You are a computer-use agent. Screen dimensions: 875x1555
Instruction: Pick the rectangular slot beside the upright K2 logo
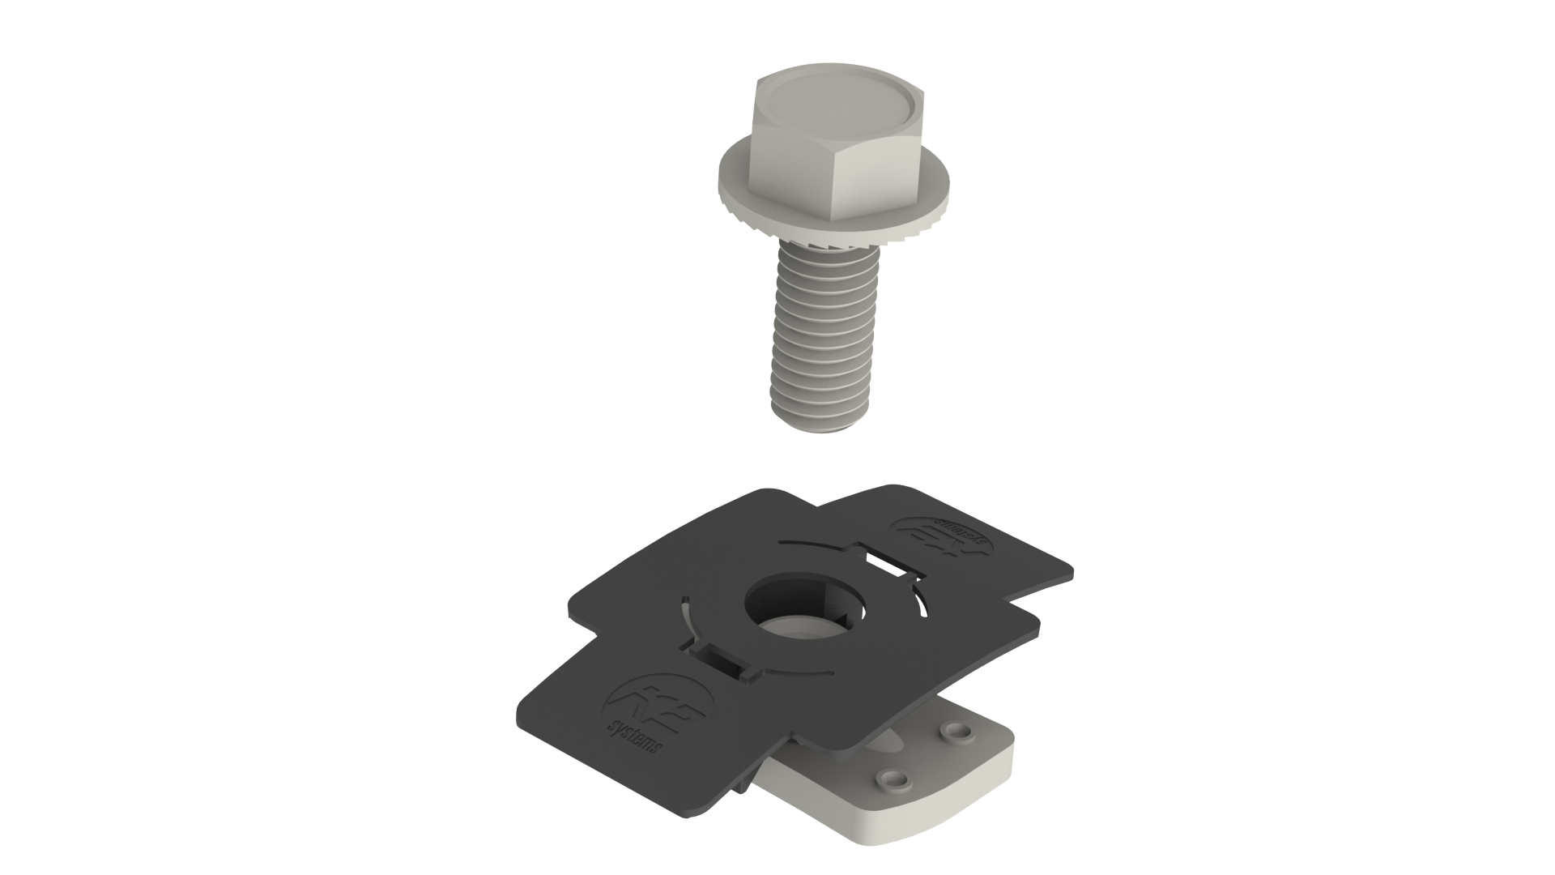point(726,656)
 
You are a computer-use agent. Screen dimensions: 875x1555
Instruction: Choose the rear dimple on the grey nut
point(960,732)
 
